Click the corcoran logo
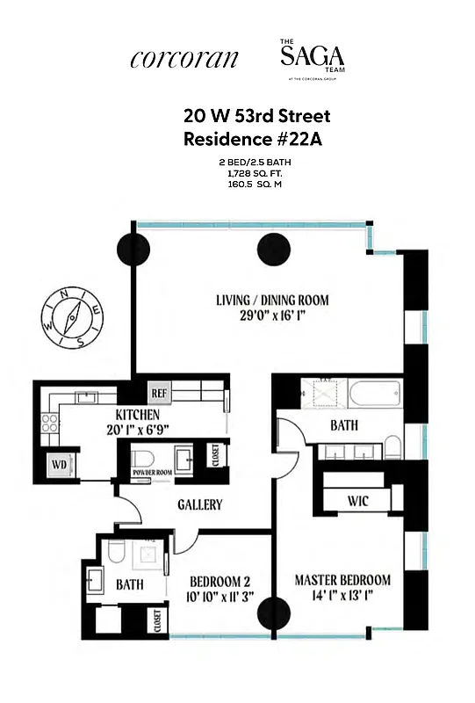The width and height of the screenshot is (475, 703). click(x=184, y=59)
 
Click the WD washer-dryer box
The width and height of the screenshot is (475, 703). click(x=59, y=465)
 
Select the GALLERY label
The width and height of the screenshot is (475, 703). click(x=199, y=505)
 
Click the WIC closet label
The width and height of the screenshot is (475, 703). click(x=356, y=502)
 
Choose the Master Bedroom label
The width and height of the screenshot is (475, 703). click(x=342, y=581)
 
